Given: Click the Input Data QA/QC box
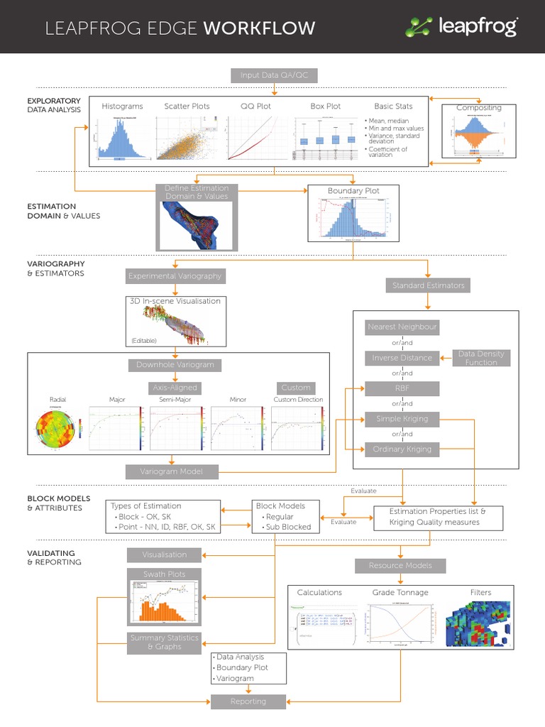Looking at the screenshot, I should pyautogui.click(x=274, y=75).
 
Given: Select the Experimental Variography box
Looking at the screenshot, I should pyautogui.click(x=175, y=275).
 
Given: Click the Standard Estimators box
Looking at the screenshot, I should pyautogui.click(x=428, y=285).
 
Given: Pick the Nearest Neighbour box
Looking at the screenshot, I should pyautogui.click(x=402, y=327).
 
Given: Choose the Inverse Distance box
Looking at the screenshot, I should pyautogui.click(x=402, y=358).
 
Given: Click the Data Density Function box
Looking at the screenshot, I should pyautogui.click(x=482, y=358).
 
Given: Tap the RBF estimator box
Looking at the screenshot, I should pyautogui.click(x=402, y=388).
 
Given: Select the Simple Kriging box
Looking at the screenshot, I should pyautogui.click(x=402, y=419).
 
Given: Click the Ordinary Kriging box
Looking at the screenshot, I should pyautogui.click(x=402, y=449).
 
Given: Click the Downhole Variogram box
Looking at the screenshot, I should pyautogui.click(x=175, y=365).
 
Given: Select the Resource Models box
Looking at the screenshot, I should pyautogui.click(x=401, y=566).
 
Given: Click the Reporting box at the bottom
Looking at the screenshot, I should pyautogui.click(x=248, y=701).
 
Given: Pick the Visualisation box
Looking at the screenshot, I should pyautogui.click(x=164, y=554).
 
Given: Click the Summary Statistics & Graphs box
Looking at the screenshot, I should pyautogui.click(x=164, y=642).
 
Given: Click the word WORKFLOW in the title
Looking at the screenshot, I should pyautogui.click(x=259, y=28).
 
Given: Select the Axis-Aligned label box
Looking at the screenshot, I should pyautogui.click(x=175, y=388).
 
